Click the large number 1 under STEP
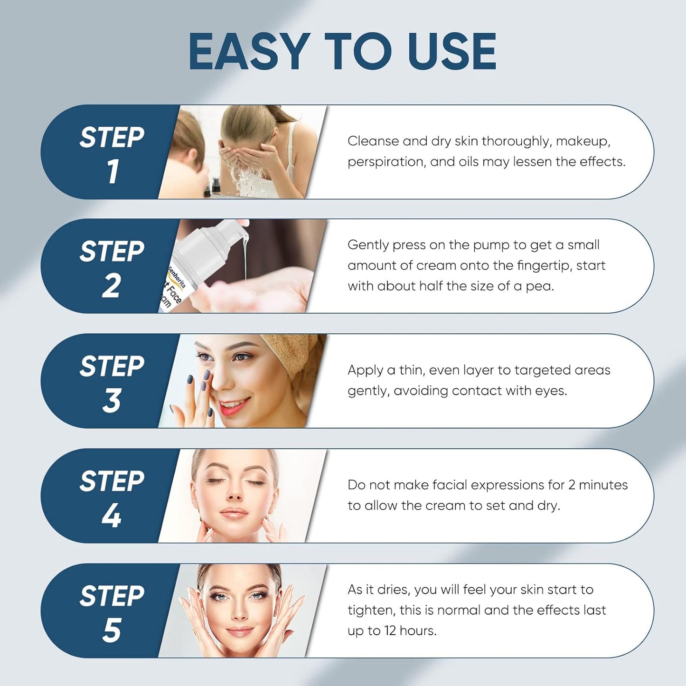[x=113, y=171]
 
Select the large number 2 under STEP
[x=112, y=286]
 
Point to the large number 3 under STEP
[x=112, y=401]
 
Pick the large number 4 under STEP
[x=112, y=516]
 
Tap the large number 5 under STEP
[x=112, y=630]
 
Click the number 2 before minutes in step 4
[x=572, y=485]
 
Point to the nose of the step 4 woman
[x=234, y=494]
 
